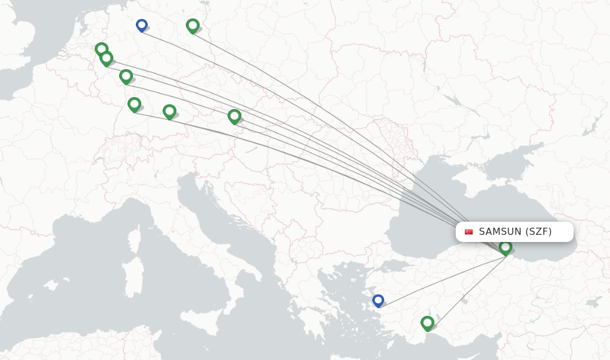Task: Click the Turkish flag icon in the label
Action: (x=469, y=232)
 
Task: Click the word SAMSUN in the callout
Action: (x=500, y=231)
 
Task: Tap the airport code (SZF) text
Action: (x=539, y=231)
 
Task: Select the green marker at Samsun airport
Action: (x=505, y=246)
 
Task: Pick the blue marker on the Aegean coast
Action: (x=378, y=300)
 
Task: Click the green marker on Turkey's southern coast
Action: (x=427, y=322)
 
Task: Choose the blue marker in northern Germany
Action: (x=141, y=25)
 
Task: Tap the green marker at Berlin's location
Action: (x=192, y=25)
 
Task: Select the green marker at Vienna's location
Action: (x=234, y=116)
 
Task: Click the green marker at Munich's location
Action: (x=169, y=111)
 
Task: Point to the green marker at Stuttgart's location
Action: (x=134, y=104)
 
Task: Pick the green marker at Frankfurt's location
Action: (x=126, y=76)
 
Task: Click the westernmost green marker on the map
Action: (x=101, y=49)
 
